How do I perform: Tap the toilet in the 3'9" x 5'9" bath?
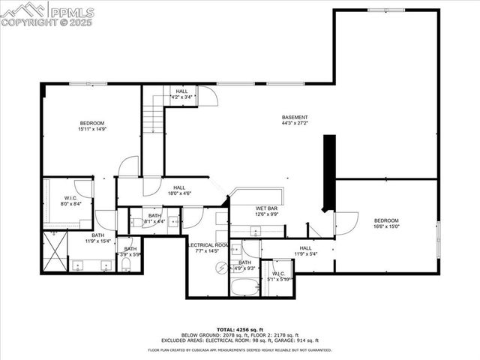[x=126, y=265]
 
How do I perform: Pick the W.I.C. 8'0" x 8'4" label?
[x=67, y=200]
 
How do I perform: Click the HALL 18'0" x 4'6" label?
[x=179, y=191]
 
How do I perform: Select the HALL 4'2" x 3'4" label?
[x=182, y=94]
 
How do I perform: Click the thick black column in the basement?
[x=328, y=174]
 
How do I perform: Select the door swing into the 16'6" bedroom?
[x=345, y=223]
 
